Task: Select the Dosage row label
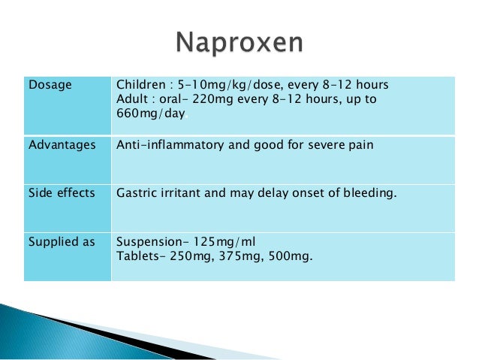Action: pos(50,84)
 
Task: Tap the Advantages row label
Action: pos(62,144)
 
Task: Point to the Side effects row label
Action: pos(62,193)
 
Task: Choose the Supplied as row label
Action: pos(60,242)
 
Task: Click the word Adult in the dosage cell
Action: pos(131,99)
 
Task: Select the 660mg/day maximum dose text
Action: pos(151,114)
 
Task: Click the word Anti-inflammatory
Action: pos(166,144)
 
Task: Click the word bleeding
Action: pos(369,193)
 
